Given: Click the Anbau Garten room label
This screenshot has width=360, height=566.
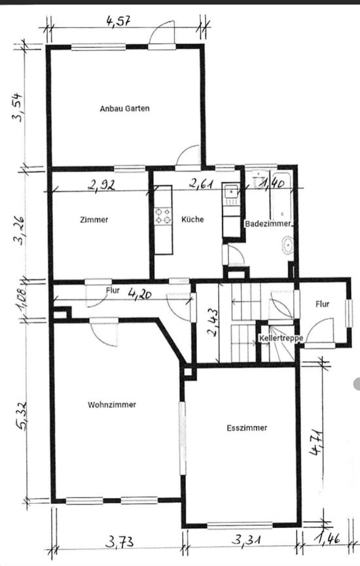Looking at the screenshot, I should click(124, 109).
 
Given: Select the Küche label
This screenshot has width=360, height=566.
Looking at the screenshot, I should click(192, 219).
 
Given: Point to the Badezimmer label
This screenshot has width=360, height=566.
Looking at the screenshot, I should click(267, 224).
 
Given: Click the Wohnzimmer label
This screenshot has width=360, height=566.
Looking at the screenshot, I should click(112, 405).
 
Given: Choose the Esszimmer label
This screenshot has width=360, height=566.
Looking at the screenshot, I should click(247, 428).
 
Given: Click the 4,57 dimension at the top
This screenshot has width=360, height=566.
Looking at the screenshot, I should click(120, 20).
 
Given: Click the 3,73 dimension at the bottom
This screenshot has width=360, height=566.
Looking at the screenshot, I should click(118, 542).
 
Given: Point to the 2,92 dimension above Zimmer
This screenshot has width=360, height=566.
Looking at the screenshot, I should click(101, 185).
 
